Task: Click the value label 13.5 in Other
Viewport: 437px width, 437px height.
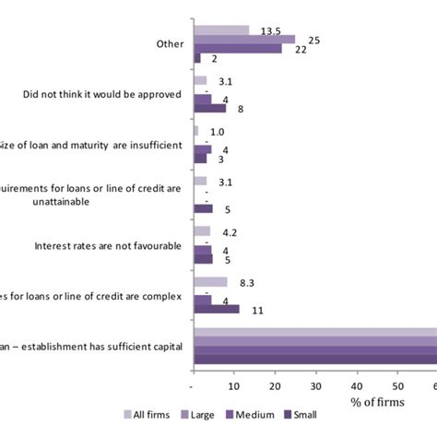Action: point(271,30)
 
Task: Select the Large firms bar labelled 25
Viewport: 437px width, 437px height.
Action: point(243,40)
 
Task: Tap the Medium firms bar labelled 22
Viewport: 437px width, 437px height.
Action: point(237,48)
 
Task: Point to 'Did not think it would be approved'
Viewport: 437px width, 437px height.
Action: point(102,94)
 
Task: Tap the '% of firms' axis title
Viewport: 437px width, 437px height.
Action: point(376,403)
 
